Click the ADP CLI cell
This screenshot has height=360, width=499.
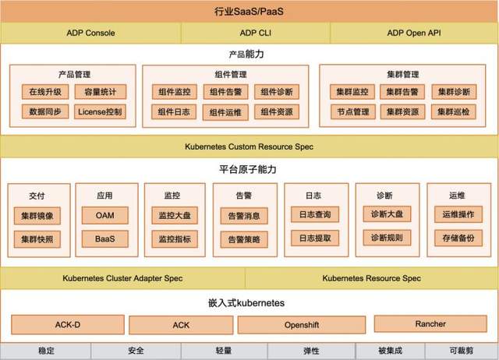click(x=256, y=33)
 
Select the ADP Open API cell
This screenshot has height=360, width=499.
click(x=414, y=33)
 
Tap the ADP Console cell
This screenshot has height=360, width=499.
click(x=90, y=33)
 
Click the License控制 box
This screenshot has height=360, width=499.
click(x=100, y=111)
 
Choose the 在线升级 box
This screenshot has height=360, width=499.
click(x=45, y=92)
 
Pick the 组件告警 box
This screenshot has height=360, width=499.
click(x=225, y=92)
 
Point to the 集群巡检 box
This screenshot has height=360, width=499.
click(x=454, y=111)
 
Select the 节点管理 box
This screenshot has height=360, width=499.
click(x=353, y=111)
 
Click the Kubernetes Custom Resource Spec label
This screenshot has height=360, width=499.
click(x=249, y=146)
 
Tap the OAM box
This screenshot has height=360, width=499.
click(x=105, y=215)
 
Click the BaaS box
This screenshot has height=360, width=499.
click(x=105, y=239)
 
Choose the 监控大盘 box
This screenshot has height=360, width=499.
click(x=175, y=216)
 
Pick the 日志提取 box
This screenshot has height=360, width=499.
click(x=315, y=238)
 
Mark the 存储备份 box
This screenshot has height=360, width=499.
click(x=458, y=238)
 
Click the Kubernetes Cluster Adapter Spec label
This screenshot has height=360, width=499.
click(x=122, y=278)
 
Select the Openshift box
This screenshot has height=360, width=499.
click(x=302, y=325)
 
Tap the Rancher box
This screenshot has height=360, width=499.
click(x=430, y=323)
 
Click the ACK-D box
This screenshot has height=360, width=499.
click(x=68, y=325)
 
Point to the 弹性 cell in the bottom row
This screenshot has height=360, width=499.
click(x=311, y=351)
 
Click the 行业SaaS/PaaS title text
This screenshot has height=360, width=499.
click(x=249, y=12)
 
